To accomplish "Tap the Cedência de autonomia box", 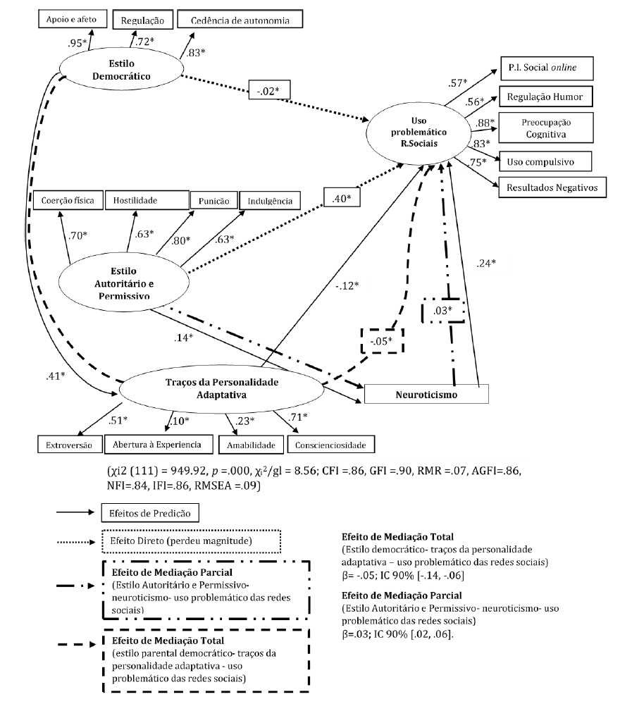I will (240, 20).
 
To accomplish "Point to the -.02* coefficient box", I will (269, 92).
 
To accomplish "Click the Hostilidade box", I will (147, 201).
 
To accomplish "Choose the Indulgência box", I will (270, 201).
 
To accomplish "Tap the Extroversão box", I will (68, 444).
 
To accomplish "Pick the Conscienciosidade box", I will (330, 444).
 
